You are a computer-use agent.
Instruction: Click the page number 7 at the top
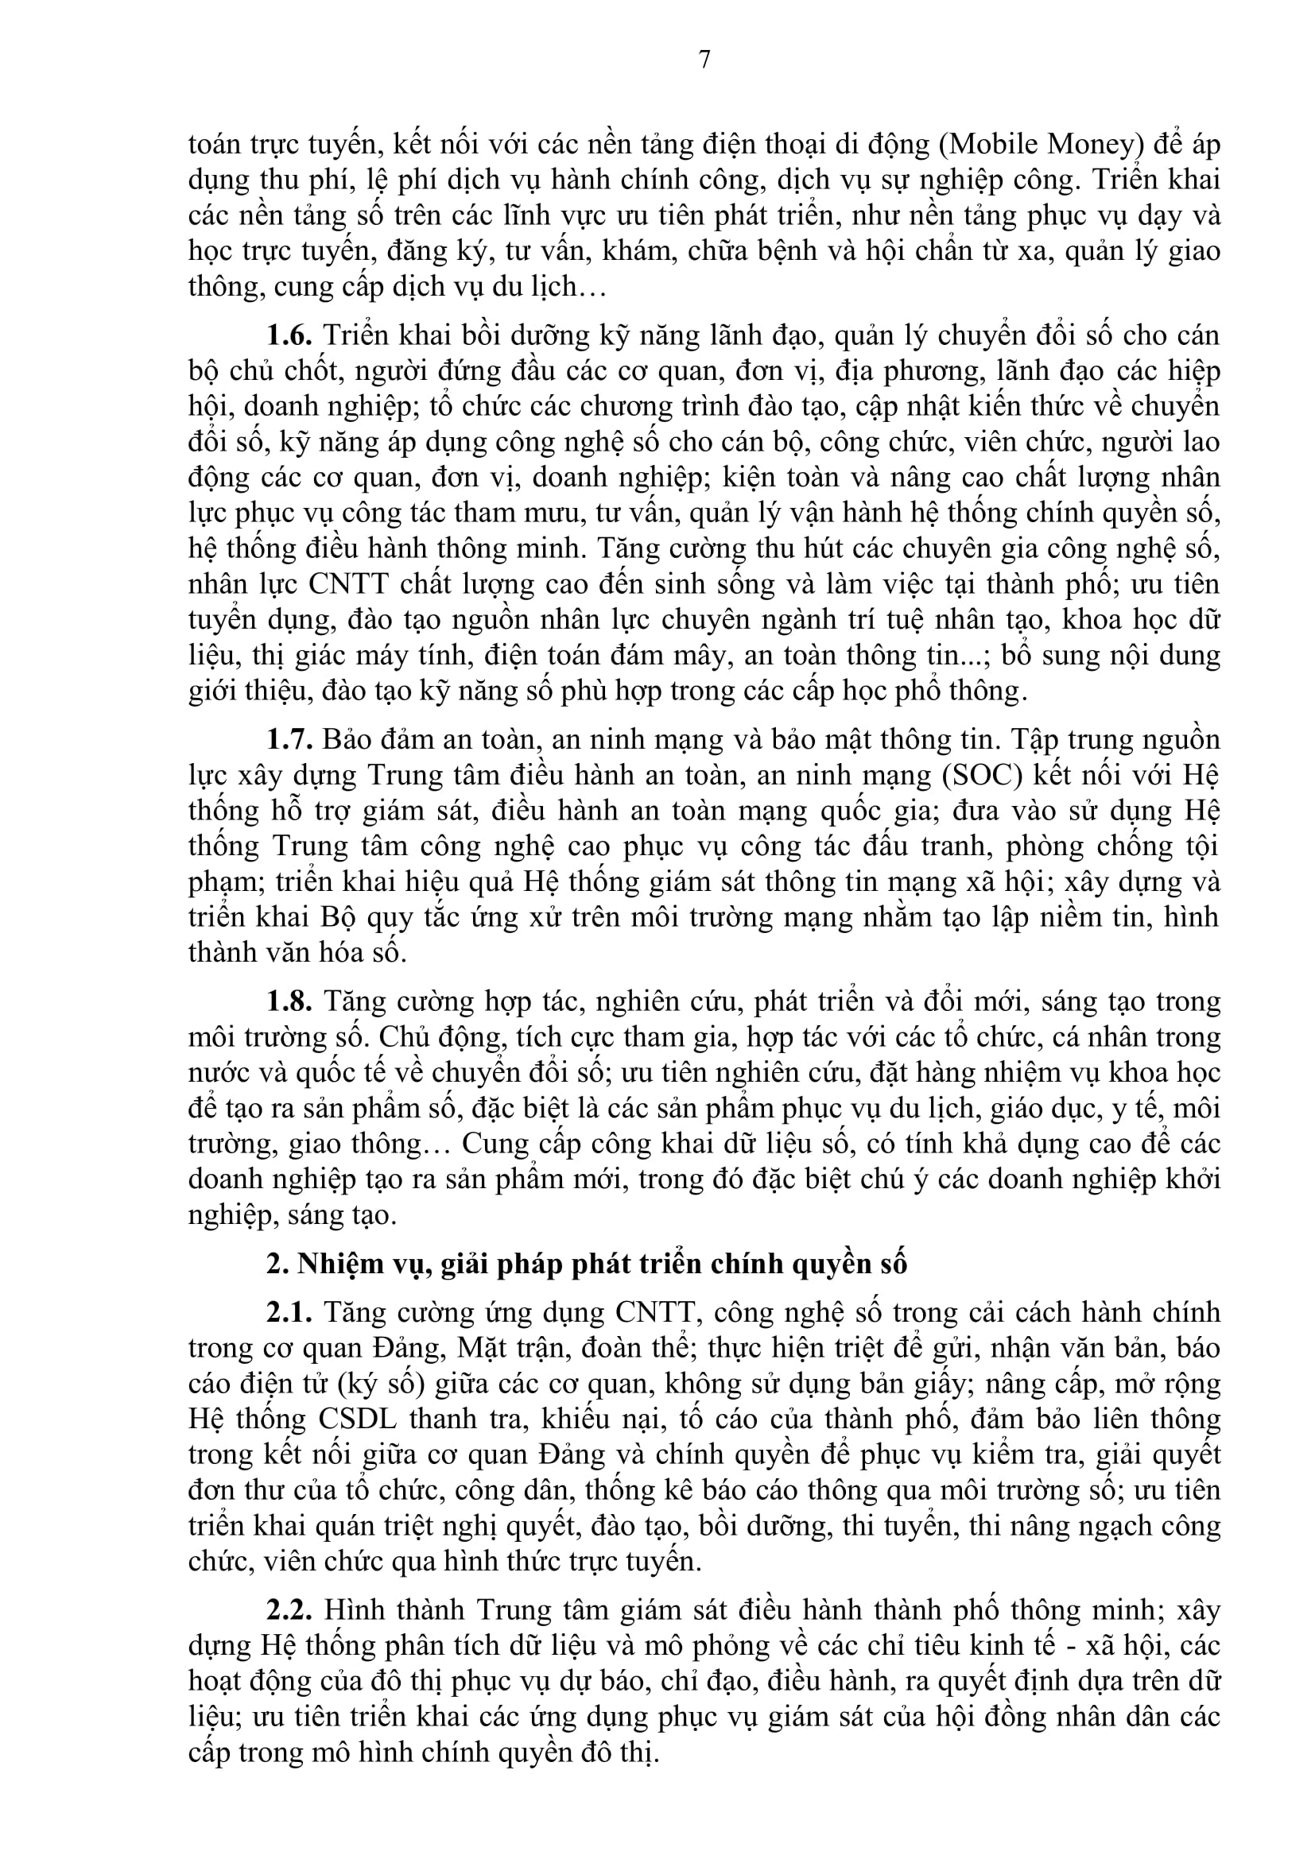704,60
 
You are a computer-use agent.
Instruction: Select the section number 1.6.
290,335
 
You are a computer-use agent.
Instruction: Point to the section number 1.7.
290,740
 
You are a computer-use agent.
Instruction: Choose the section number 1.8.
290,1001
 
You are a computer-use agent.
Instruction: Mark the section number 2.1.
290,1312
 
